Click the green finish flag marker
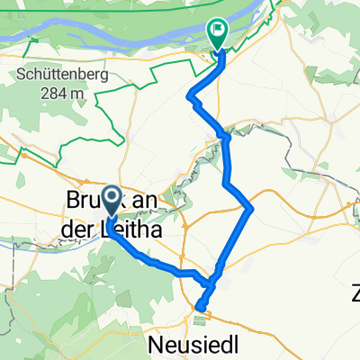coord(218,31)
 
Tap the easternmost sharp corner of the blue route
coord(252,208)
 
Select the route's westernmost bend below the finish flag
coord(189,96)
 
